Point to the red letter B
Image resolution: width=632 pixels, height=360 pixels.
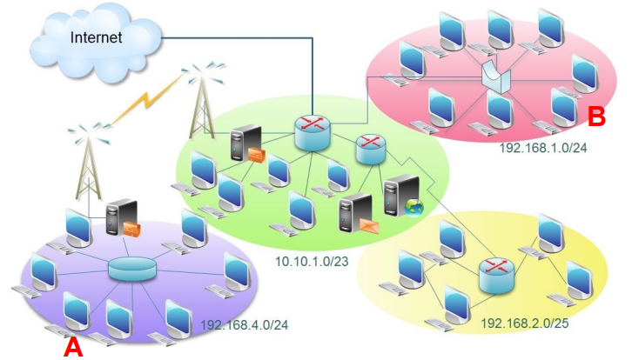tap(597, 115)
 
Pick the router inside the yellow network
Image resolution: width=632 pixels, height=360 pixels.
tap(497, 275)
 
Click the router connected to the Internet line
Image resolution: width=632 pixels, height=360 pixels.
tap(313, 133)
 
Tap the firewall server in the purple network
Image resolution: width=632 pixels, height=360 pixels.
tap(123, 220)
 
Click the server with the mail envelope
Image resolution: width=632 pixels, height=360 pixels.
tap(356, 215)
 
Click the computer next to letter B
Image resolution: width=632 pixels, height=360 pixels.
tap(564, 108)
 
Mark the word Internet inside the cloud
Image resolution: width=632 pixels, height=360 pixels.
tap(96, 37)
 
